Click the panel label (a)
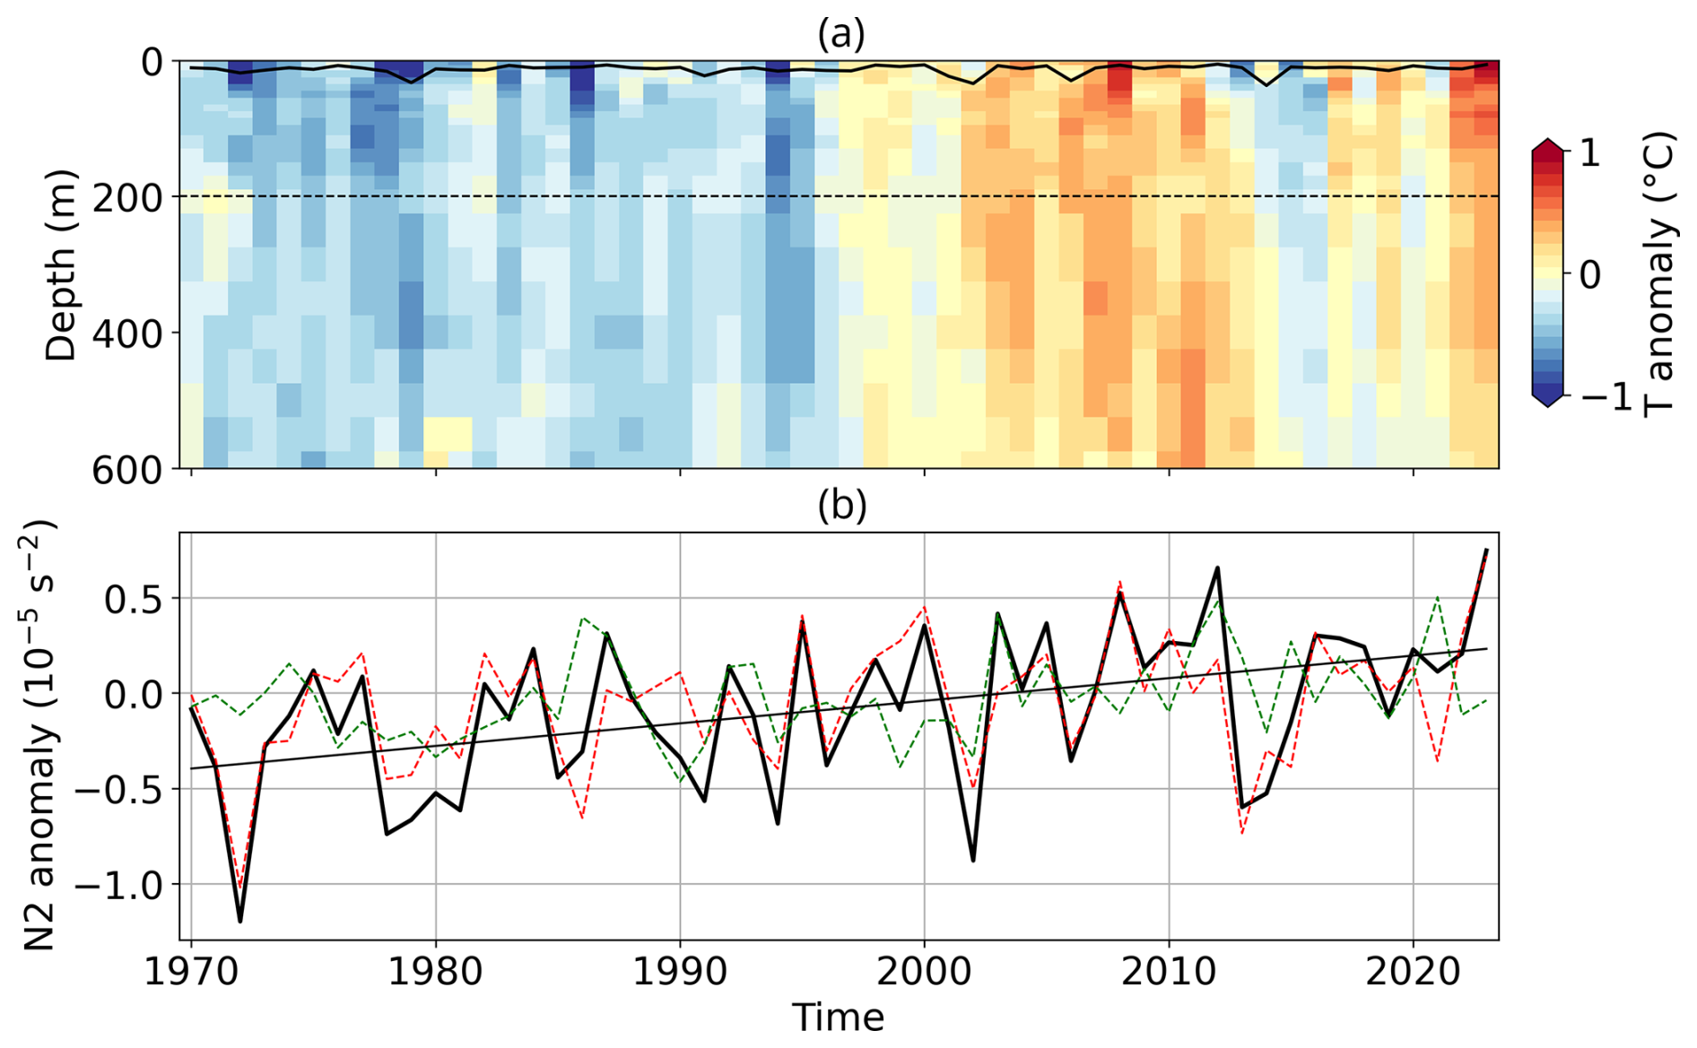[841, 34]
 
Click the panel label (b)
[841, 507]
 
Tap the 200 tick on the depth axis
[128, 197]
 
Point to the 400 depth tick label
[128, 333]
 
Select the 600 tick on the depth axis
[128, 470]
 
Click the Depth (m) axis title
[61, 265]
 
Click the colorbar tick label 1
[1590, 153]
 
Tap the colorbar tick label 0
[1590, 274]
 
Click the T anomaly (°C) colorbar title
[1661, 274]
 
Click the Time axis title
[838, 1018]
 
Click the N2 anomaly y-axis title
[39, 735]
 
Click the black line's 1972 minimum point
[240, 921]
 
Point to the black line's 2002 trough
[973, 861]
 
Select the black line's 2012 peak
[1218, 567]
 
